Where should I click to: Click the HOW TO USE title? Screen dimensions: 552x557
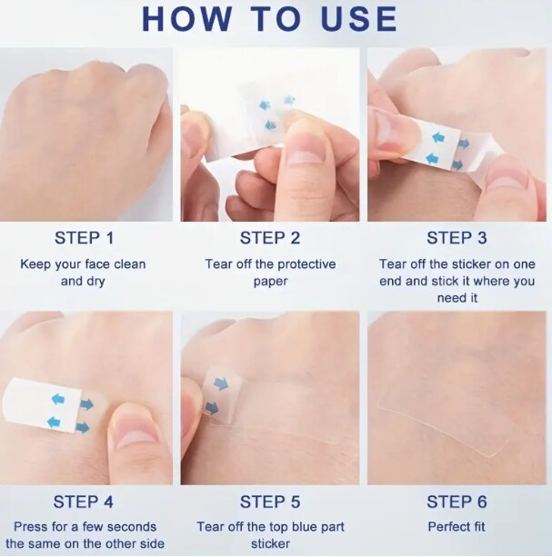coord(269,19)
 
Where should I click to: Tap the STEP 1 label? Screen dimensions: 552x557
coord(85,238)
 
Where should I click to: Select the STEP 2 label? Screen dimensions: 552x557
coord(270,238)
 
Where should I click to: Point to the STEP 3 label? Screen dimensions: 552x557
coord(457,238)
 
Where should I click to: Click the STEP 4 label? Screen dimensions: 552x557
coord(83,502)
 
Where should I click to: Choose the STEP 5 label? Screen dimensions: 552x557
coord(270,502)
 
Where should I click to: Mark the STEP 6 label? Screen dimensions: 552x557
coord(457,502)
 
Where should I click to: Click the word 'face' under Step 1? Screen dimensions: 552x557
coord(97,264)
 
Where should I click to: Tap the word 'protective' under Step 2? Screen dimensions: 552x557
coord(306,264)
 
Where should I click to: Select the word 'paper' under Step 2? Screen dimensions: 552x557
coord(270,282)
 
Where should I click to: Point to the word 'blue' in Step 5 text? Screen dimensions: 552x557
coord(305,526)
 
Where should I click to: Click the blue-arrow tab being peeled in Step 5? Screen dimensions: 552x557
coord(222,395)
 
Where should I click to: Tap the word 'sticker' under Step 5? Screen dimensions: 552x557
coord(270,544)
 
